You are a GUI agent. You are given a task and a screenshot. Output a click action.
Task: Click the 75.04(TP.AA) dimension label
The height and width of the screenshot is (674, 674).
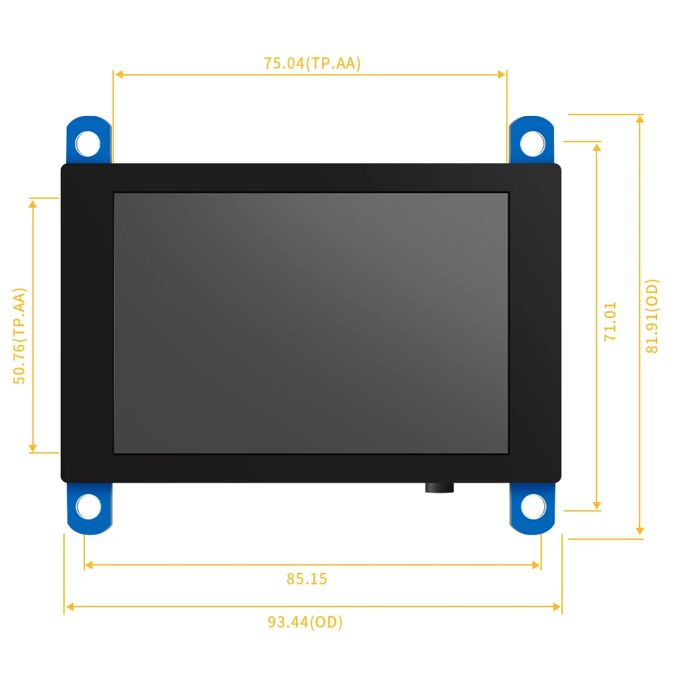pos(312,63)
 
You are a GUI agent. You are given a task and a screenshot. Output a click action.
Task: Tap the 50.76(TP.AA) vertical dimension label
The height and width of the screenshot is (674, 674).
pos(20,336)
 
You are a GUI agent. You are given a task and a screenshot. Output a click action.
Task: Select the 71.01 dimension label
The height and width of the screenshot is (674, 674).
pos(610,321)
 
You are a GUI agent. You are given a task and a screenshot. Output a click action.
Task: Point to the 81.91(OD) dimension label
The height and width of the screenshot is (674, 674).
pos(652,316)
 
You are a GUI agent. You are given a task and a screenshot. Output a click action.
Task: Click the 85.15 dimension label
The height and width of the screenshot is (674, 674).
pos(307,579)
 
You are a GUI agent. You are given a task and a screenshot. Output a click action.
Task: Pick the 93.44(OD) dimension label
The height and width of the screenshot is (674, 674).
pos(305,622)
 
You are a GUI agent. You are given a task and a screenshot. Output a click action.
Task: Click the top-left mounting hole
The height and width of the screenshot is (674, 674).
pos(88,144)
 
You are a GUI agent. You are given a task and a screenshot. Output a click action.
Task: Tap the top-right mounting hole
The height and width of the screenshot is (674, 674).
pos(532,144)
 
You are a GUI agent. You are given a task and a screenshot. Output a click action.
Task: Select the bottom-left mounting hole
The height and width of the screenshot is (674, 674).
pos(88,506)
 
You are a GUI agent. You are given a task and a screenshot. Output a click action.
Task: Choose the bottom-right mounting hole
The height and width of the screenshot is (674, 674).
pos(533,506)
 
